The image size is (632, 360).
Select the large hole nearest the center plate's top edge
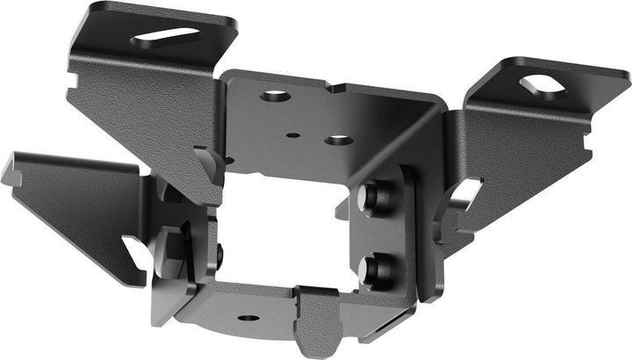(x=275, y=94)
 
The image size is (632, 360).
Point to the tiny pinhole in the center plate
(x=293, y=136)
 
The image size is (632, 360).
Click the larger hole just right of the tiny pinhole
(x=339, y=140)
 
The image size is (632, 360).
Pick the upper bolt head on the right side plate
(x=378, y=196)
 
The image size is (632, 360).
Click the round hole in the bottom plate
(x=248, y=318)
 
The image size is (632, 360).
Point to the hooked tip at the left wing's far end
(x=12, y=170)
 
